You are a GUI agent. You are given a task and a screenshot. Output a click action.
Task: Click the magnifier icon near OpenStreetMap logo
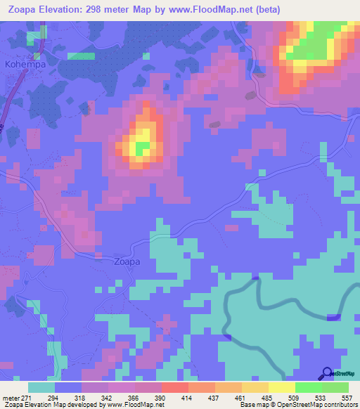point(326,373)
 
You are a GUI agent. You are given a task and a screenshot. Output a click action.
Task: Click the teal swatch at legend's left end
point(41,387)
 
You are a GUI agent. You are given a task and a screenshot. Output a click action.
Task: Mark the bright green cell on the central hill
point(143,148)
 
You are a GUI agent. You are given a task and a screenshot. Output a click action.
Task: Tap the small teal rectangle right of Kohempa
point(80,56)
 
